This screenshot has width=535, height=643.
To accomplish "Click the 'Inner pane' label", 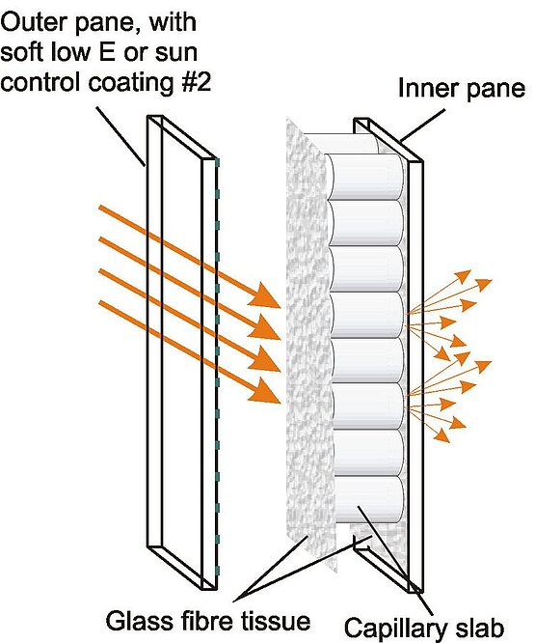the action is [x=462, y=89].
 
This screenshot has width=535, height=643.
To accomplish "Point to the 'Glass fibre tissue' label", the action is [x=208, y=621].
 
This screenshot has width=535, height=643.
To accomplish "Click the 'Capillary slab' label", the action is [x=424, y=629].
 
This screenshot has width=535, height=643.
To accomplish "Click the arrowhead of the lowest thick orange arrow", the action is [x=265, y=392].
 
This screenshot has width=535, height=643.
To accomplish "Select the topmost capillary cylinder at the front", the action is [x=366, y=177].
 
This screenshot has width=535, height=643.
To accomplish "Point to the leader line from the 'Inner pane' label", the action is [x=422, y=126].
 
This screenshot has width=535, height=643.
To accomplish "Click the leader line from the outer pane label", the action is [x=120, y=136].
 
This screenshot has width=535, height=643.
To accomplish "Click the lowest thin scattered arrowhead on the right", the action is [x=442, y=435].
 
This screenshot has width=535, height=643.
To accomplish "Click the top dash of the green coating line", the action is [x=217, y=163].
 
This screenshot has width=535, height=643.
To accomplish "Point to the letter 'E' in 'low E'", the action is [x=107, y=52].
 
